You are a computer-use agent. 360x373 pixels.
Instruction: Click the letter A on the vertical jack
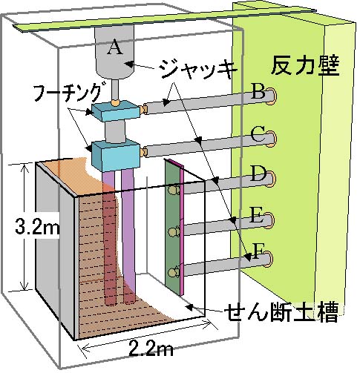pyautogui.click(x=114, y=47)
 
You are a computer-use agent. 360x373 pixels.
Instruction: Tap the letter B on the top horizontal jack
pyautogui.click(x=258, y=91)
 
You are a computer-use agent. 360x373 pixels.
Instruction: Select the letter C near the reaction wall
pyautogui.click(x=258, y=133)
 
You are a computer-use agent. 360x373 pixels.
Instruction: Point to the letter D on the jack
pyautogui.click(x=258, y=174)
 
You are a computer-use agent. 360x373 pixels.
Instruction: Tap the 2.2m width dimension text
pyautogui.click(x=151, y=349)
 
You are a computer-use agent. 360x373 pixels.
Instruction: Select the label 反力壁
pyautogui.click(x=305, y=65)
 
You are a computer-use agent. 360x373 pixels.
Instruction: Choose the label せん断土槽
pyautogui.click(x=282, y=312)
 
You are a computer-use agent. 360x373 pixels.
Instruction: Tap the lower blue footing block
pyautogui.click(x=116, y=156)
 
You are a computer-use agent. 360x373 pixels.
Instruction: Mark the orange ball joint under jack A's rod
pyautogui.click(x=115, y=102)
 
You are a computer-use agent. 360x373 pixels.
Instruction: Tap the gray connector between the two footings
pyautogui.click(x=116, y=132)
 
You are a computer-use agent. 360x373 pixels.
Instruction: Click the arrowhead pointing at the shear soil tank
pyautogui.click(x=189, y=307)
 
